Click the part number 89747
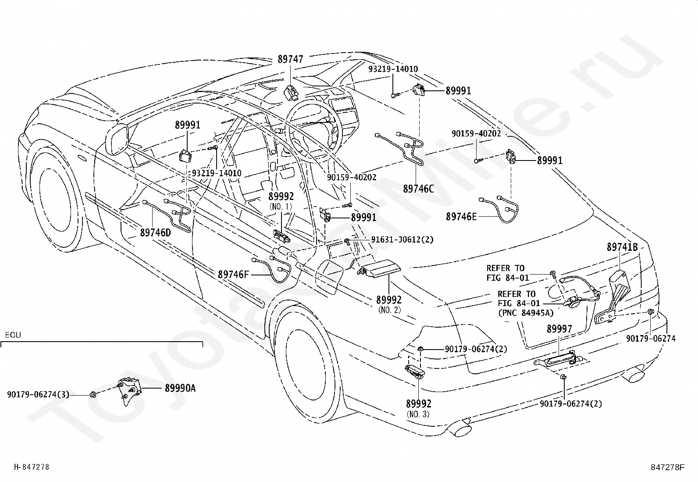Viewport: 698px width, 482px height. point(290,59)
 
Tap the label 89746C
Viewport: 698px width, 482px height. point(418,189)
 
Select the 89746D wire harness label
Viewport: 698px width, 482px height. point(155,232)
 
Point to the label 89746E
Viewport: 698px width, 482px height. point(461,217)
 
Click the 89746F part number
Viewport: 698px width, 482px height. point(233,275)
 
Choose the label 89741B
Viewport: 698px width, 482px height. point(622,247)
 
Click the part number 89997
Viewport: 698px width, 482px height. point(559,329)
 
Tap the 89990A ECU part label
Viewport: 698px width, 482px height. point(180,388)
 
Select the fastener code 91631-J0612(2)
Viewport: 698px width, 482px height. point(402,239)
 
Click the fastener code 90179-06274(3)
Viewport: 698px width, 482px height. point(38,394)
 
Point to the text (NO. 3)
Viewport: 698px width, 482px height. point(418,414)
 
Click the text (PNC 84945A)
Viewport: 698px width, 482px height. point(526,312)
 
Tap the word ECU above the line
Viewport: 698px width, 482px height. point(13,335)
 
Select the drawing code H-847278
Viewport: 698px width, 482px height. point(32,467)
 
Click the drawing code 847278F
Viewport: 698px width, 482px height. point(667,467)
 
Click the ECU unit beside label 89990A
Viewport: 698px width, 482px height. point(129,391)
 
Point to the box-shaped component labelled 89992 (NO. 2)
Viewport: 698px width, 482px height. point(379,268)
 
